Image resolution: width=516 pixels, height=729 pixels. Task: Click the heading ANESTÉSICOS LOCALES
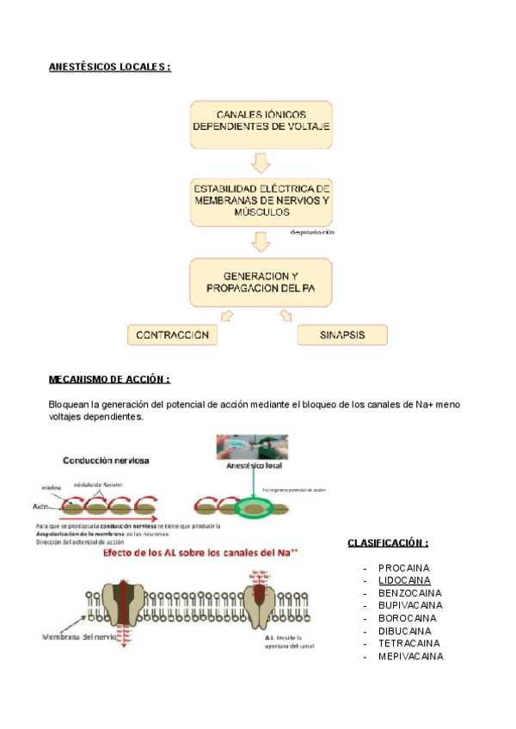(109, 67)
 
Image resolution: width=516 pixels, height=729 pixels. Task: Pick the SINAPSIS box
(342, 335)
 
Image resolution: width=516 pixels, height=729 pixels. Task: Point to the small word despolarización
(312, 233)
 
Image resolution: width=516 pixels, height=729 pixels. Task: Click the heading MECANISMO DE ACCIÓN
(109, 379)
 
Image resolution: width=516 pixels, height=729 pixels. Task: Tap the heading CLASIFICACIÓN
(387, 543)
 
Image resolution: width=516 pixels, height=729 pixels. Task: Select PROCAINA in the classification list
(403, 568)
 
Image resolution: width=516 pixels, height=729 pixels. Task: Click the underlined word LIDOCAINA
(405, 581)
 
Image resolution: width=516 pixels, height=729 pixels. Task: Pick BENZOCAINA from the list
(409, 593)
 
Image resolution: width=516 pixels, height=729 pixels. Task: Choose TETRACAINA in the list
(408, 643)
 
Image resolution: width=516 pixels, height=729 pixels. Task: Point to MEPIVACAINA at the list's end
(410, 656)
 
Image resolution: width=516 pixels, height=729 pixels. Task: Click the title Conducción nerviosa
(105, 460)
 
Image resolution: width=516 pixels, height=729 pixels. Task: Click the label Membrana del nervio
(77, 637)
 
